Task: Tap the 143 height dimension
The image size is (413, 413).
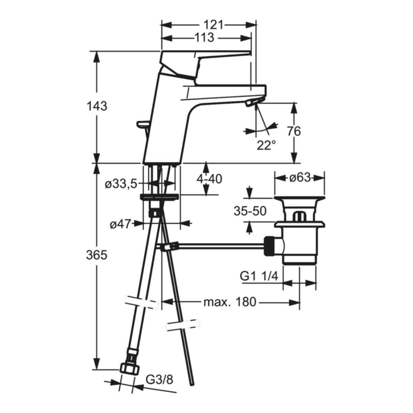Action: coord(97,106)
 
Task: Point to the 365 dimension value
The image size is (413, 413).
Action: coord(97,255)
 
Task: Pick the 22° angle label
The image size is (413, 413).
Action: coord(266,145)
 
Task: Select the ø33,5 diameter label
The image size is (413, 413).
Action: coord(121,184)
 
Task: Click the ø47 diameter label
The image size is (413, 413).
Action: coord(120,224)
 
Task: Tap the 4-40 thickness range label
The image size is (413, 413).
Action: coord(209,179)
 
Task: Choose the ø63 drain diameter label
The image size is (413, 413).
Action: coord(299,178)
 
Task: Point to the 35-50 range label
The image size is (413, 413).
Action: coord(250,211)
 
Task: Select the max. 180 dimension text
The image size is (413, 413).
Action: coord(230,303)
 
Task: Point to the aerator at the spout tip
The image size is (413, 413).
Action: coord(252,103)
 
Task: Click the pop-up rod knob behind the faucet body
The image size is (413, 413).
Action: coord(142,123)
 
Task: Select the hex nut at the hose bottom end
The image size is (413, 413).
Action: coord(130,369)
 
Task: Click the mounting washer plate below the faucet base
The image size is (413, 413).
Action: coord(159,197)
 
